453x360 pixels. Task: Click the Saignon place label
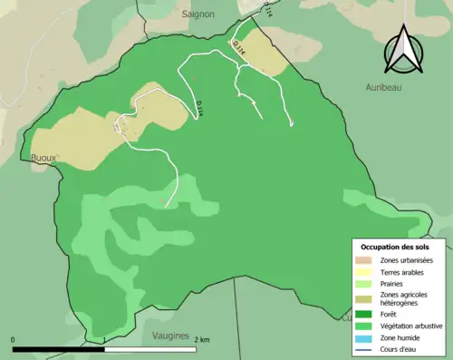point(198,15)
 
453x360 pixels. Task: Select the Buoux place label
point(44,157)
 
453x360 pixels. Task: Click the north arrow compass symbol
point(401,49)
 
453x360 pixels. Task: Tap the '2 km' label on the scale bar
point(203,339)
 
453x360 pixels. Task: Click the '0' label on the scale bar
point(13,339)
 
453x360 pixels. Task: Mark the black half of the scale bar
point(59,348)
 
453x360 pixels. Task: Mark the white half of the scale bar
point(151,348)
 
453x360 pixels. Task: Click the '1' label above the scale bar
point(105,339)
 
